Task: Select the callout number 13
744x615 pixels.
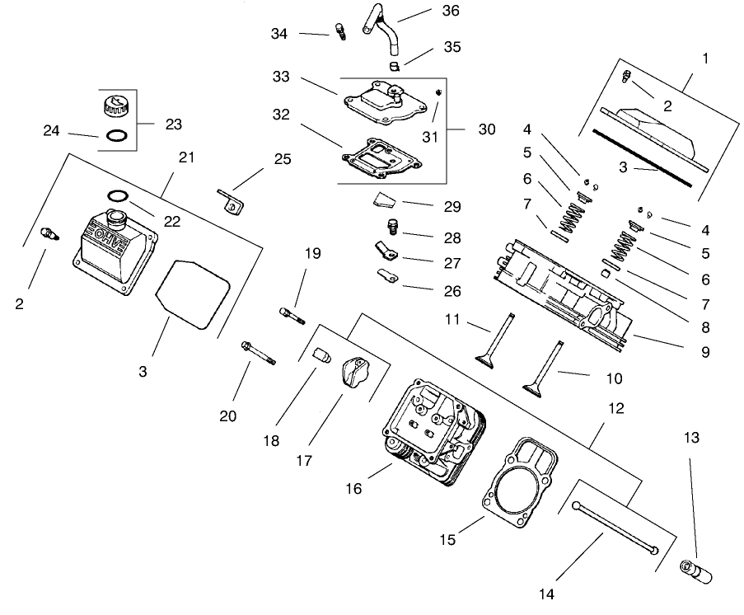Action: (691, 438)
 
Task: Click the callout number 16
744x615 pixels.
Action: (353, 489)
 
